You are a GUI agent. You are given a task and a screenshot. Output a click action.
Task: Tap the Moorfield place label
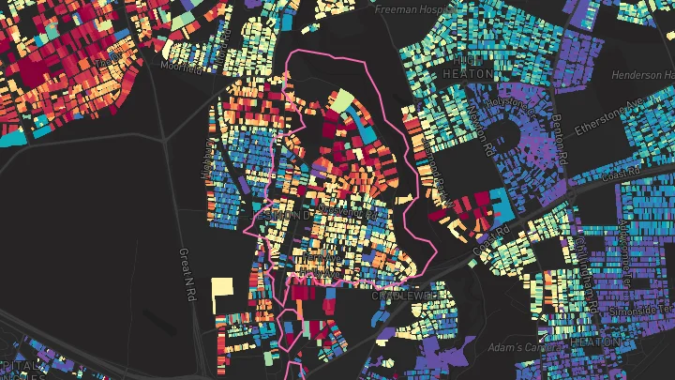point(180,67)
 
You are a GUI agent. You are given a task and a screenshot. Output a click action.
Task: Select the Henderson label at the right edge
point(642,75)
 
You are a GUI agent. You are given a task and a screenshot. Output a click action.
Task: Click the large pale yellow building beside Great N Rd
point(221,294)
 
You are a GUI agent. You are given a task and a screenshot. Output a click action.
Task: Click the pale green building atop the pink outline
point(340,100)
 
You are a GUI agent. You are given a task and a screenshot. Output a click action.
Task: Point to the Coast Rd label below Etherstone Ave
point(619,172)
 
